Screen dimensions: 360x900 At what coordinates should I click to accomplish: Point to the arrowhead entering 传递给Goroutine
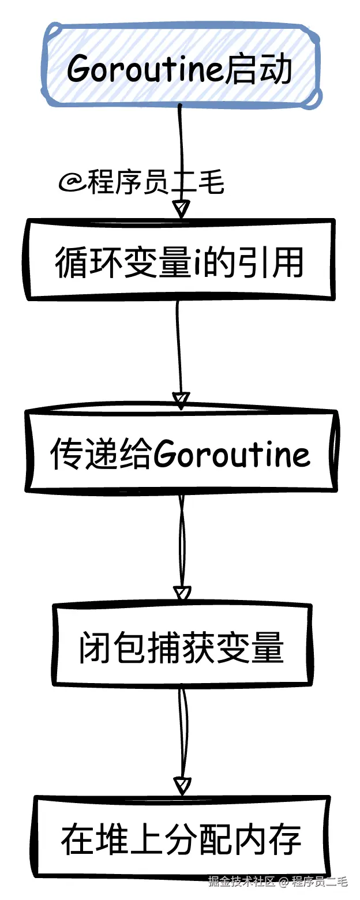[181, 400]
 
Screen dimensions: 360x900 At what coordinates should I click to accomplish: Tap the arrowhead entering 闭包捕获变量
[182, 593]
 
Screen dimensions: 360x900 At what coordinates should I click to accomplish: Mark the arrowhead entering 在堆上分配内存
[182, 785]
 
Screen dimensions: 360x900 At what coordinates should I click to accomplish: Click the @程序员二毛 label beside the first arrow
[141, 184]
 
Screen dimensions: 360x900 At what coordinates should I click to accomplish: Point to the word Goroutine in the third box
[232, 455]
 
